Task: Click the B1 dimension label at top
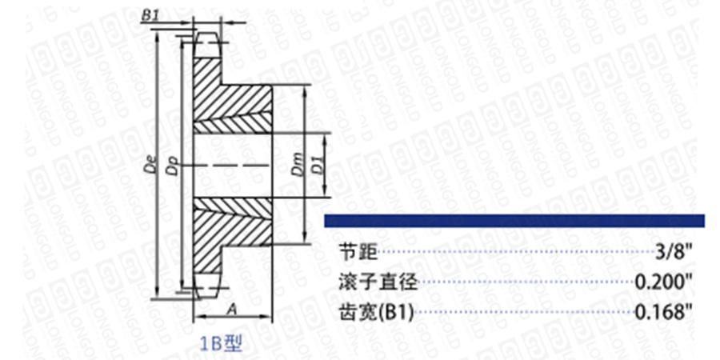click(x=150, y=14)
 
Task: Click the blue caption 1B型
click(x=221, y=343)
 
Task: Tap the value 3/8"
click(x=674, y=252)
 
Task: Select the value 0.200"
click(x=663, y=282)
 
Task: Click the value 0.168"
click(x=663, y=312)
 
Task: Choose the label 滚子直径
click(x=378, y=282)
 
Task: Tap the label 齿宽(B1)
click(x=376, y=313)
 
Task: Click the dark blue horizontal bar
click(x=514, y=221)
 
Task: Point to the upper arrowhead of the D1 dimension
click(x=325, y=137)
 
